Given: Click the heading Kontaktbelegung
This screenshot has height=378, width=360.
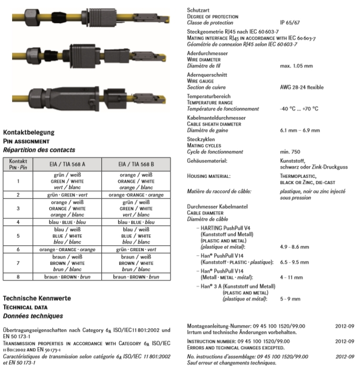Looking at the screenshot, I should click(29, 133).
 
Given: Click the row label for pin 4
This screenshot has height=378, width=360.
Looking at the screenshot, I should click(18, 222).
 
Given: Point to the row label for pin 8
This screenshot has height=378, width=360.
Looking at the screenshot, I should click(18, 277).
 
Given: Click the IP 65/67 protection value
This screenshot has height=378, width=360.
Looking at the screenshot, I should click(291, 23).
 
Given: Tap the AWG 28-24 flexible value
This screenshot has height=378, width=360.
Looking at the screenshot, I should click(302, 87).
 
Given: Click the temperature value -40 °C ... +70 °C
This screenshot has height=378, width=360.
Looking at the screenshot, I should click(299, 109).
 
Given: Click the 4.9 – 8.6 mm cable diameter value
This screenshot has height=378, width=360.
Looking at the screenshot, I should click(294, 246).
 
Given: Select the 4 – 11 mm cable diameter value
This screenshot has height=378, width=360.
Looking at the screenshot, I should click(291, 277).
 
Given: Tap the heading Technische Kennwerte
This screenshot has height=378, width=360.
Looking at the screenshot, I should click(36, 298).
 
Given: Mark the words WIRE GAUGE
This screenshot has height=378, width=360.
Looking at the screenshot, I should click(202, 82).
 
